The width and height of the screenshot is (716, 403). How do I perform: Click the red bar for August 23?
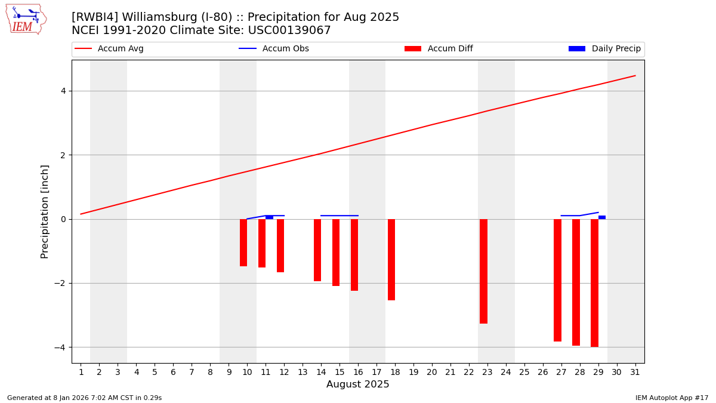click(x=483, y=271)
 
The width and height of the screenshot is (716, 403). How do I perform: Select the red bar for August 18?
click(x=391, y=260)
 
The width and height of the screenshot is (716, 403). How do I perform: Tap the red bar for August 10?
click(x=243, y=242)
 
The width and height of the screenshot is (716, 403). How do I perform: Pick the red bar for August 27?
click(x=557, y=280)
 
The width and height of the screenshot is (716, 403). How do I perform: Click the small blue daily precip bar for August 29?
click(x=602, y=217)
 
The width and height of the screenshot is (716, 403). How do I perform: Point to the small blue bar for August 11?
click(x=269, y=217)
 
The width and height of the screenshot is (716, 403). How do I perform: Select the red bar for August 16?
click(x=354, y=255)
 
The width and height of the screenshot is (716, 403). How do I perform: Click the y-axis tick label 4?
click(x=63, y=91)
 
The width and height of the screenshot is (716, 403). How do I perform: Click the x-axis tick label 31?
click(x=635, y=372)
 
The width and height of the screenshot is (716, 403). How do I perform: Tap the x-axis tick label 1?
click(x=81, y=372)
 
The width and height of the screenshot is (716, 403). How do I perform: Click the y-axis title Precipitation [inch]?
click(x=45, y=211)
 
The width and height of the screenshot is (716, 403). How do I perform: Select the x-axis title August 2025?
click(x=357, y=384)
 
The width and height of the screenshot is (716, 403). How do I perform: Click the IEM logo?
click(x=26, y=19)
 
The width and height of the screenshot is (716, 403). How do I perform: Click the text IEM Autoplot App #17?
click(x=671, y=398)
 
